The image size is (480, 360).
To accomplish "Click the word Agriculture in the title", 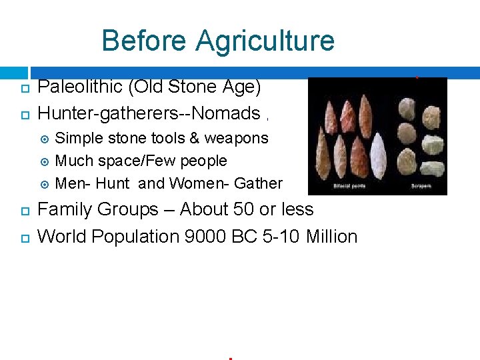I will pyautogui.click(x=265, y=41).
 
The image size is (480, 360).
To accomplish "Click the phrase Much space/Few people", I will pyautogui.click(x=141, y=161).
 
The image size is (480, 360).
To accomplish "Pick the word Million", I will pyautogui.click(x=332, y=237).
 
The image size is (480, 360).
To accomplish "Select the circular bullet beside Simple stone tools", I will pyautogui.click(x=45, y=139).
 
